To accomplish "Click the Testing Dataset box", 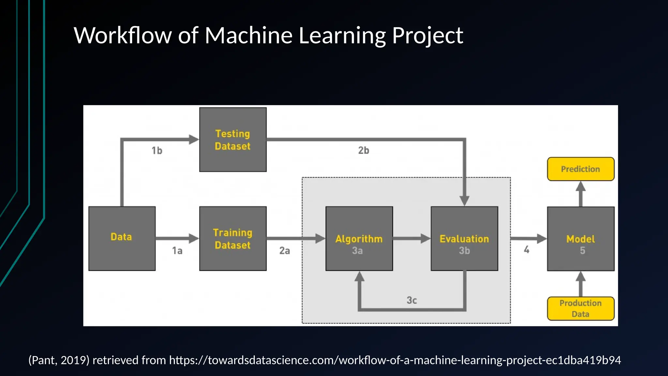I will (233, 140).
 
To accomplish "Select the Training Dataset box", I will (233, 239).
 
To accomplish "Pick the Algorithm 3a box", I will (359, 239).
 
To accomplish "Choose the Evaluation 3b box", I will (464, 239).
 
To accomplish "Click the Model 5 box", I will (581, 239).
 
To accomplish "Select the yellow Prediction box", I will (581, 169).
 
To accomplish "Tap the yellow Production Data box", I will (581, 308).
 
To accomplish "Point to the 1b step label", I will (157, 150).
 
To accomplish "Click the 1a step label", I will (177, 251).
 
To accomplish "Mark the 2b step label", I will (364, 150).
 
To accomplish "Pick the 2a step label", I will (284, 251).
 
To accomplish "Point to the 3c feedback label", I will (412, 300).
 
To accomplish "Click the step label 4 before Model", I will (526, 250).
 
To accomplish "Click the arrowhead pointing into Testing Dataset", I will (194, 140).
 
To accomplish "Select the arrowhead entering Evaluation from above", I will (464, 200).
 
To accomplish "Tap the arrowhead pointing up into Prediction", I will (581, 186).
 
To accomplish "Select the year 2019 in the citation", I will (73, 360).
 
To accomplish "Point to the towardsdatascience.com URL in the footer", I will (395, 360).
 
